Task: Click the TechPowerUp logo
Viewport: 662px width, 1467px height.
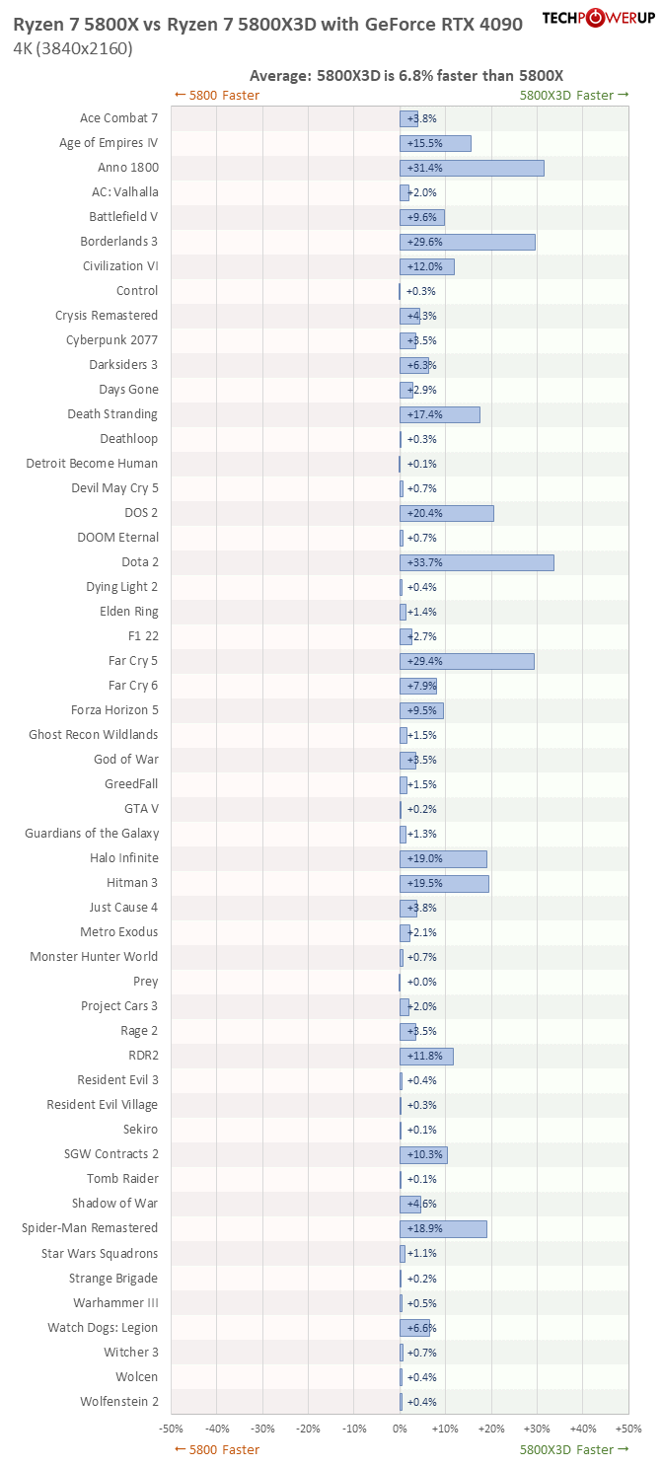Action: pyautogui.click(x=597, y=18)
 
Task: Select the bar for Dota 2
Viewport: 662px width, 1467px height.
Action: pyautogui.click(x=477, y=562)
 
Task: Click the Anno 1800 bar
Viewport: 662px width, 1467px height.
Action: pyautogui.click(x=472, y=168)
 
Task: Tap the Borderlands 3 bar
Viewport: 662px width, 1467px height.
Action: pyautogui.click(x=468, y=242)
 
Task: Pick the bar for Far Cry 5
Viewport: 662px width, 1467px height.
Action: pyautogui.click(x=467, y=661)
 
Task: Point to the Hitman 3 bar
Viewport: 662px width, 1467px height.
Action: pyautogui.click(x=444, y=883)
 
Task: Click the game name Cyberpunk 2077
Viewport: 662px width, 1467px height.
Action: pyautogui.click(x=111, y=340)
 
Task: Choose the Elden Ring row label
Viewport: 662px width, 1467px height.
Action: pyautogui.click(x=128, y=612)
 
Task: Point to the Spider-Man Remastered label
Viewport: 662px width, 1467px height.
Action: pyautogui.click(x=90, y=1228)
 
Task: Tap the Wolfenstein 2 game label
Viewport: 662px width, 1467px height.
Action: pyautogui.click(x=118, y=1401)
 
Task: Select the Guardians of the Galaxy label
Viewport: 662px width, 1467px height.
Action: pyautogui.click(x=92, y=834)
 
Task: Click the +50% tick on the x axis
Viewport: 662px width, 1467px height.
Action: pyautogui.click(x=627, y=1428)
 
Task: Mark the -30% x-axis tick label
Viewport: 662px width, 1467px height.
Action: pyautogui.click(x=262, y=1428)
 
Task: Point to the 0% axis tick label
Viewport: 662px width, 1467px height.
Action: pyautogui.click(x=400, y=1428)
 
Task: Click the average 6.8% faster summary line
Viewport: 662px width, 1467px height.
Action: pyautogui.click(x=406, y=75)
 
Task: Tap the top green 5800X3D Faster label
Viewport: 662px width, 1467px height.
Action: pyautogui.click(x=574, y=95)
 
